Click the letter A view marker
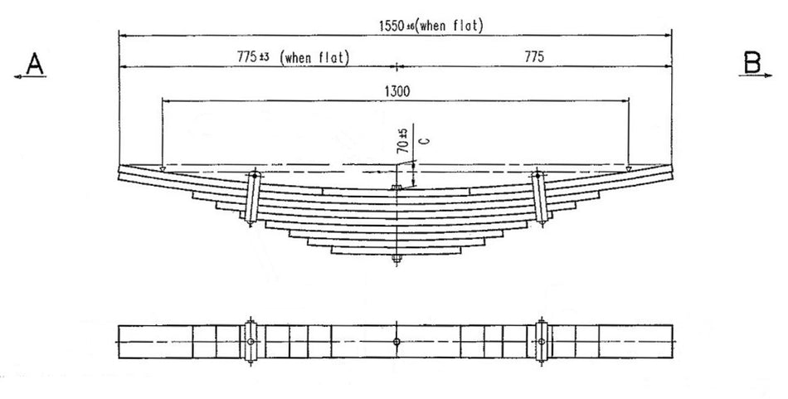click(x=34, y=63)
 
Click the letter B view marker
click(x=752, y=63)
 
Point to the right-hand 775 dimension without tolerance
click(x=533, y=57)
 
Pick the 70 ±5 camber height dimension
click(x=401, y=142)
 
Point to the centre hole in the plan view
click(x=397, y=342)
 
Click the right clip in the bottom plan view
click(x=542, y=341)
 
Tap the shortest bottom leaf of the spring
click(x=397, y=250)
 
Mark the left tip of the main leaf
click(x=121, y=172)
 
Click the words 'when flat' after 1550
click(x=450, y=26)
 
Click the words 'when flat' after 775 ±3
click(x=315, y=57)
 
